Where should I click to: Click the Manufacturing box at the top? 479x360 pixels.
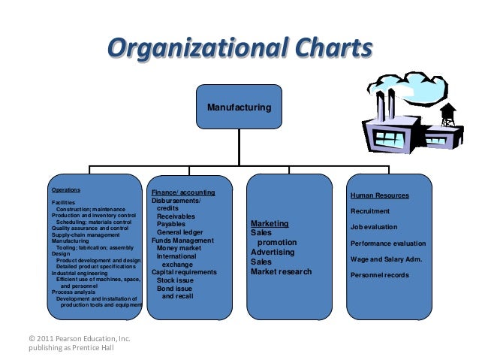[x=239, y=108]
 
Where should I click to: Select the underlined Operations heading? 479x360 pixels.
[x=66, y=190]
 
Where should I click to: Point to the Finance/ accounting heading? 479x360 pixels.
[x=183, y=193]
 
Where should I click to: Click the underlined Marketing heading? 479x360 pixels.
[x=270, y=224]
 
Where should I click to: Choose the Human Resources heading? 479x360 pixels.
[x=380, y=195]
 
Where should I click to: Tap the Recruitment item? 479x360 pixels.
[x=370, y=211]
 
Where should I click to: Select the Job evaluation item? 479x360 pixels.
[x=374, y=227]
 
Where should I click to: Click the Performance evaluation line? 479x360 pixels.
[x=388, y=244]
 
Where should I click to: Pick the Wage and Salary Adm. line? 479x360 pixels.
[x=386, y=259]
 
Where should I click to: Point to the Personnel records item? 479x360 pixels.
[x=380, y=275]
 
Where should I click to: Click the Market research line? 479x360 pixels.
[x=281, y=271]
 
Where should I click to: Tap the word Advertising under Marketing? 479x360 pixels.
[x=273, y=253]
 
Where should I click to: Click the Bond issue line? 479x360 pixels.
[x=174, y=288]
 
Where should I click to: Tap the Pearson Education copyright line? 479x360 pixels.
[x=79, y=339]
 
